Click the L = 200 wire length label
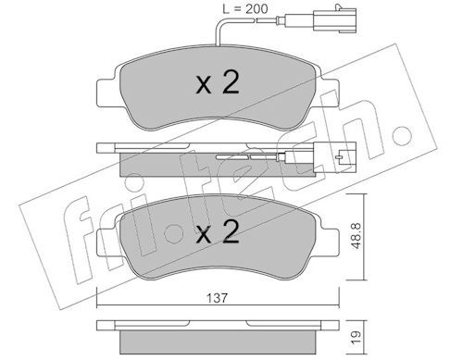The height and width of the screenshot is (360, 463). click(245, 9)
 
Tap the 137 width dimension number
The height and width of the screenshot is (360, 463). click(218, 298)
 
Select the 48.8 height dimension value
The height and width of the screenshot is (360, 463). click(356, 236)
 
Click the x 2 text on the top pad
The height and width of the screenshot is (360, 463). click(218, 82)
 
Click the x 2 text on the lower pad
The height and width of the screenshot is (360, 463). click(218, 232)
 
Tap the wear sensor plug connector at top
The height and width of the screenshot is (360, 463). click(334, 20)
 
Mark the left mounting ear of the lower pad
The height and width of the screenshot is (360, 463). click(107, 242)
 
